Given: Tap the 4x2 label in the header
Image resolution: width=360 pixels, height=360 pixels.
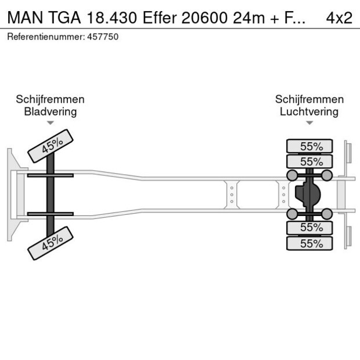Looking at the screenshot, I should point(339,17).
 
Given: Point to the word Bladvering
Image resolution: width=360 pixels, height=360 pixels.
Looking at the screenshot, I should point(51,111).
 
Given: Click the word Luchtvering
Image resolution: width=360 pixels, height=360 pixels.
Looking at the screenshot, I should point(309,111).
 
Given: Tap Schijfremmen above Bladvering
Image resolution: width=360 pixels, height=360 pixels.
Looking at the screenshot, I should point(51,99).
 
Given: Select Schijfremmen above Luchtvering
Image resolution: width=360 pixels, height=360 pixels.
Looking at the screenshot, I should point(309,99).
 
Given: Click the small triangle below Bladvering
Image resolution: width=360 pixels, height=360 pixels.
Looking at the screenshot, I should point(51,123).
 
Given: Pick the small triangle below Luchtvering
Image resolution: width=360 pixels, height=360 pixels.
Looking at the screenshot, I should point(309,123).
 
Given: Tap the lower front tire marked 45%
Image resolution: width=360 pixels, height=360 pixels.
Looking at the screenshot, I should point(51,243).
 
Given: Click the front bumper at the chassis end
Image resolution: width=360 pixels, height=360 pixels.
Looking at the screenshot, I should point(11,195).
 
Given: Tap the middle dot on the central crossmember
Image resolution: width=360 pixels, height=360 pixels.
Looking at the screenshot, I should point(231,195).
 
